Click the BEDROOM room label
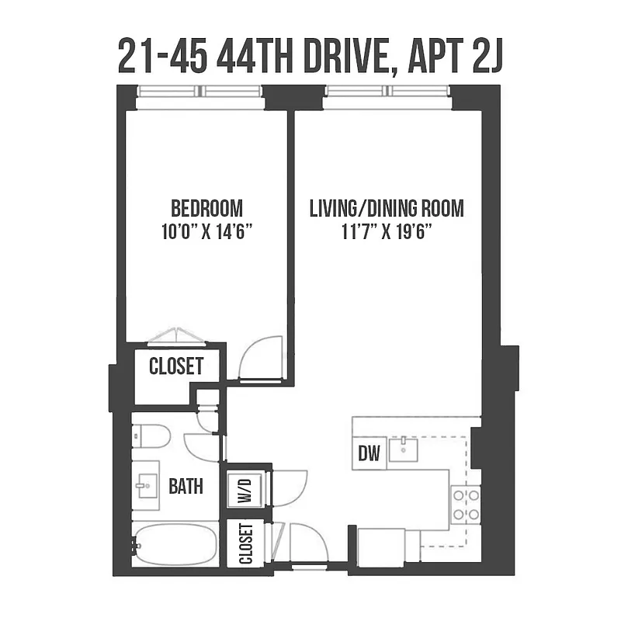[x=206, y=208]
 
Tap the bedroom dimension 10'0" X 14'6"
[x=206, y=231]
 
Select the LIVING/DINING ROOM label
[x=387, y=208]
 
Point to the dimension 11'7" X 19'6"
[x=387, y=231]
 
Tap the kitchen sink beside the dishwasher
[x=404, y=449]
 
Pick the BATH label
[x=186, y=487]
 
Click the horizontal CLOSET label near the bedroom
[x=176, y=366]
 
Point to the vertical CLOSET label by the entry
[x=246, y=544]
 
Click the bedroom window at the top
[x=200, y=92]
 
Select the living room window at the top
[x=387, y=92]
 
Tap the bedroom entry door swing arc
[x=262, y=358]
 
